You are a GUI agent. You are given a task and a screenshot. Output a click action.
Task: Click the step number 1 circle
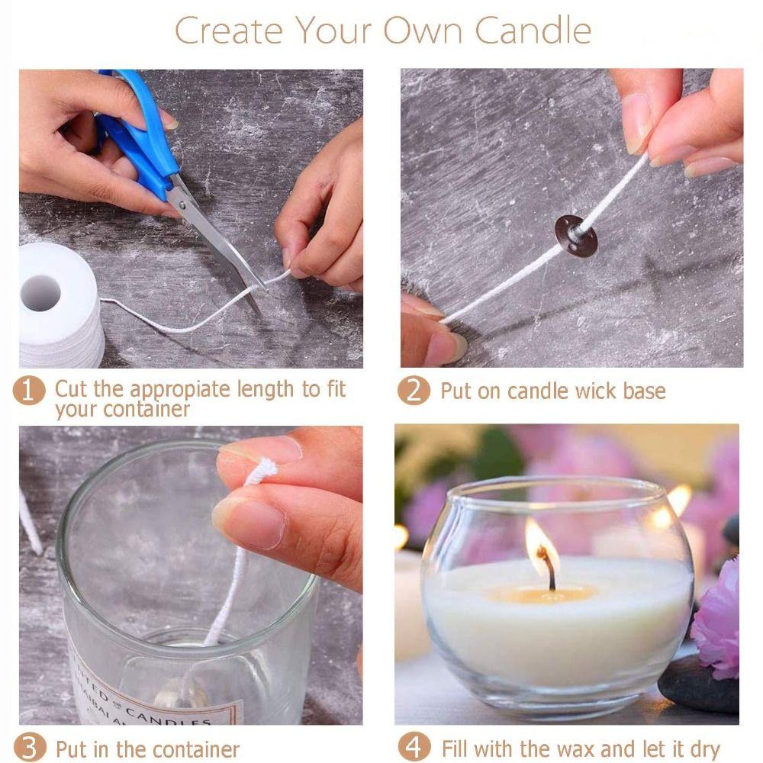(x=28, y=391)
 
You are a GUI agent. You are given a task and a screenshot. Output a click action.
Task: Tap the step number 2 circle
(x=414, y=391)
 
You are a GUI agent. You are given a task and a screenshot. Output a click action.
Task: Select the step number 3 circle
(x=28, y=748)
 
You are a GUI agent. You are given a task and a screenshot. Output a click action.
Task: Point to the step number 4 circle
(x=414, y=748)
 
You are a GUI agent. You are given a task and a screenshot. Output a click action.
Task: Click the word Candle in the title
(x=533, y=31)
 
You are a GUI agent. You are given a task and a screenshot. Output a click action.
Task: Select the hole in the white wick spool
(x=40, y=292)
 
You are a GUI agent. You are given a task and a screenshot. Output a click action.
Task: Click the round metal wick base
(x=576, y=235)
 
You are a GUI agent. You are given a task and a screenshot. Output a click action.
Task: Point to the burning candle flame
(x=540, y=543)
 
